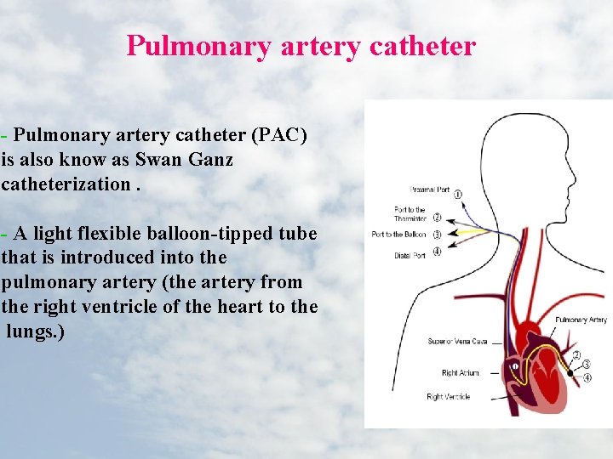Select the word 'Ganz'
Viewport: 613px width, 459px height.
point(211,159)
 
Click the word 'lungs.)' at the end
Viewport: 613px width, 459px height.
point(35,331)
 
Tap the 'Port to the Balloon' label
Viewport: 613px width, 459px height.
point(398,234)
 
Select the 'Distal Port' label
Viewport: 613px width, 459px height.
point(410,255)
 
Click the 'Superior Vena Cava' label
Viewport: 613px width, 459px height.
point(457,342)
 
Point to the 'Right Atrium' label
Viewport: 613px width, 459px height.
point(461,372)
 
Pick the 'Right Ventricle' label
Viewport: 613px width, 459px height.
point(449,397)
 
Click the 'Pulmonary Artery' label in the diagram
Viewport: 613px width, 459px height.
point(581,320)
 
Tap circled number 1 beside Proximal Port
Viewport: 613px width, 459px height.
point(459,195)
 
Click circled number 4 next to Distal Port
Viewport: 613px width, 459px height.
point(437,251)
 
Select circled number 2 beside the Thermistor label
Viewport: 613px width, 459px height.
point(437,218)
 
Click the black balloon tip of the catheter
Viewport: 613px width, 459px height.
point(570,371)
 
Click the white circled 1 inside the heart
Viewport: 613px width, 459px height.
point(513,367)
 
